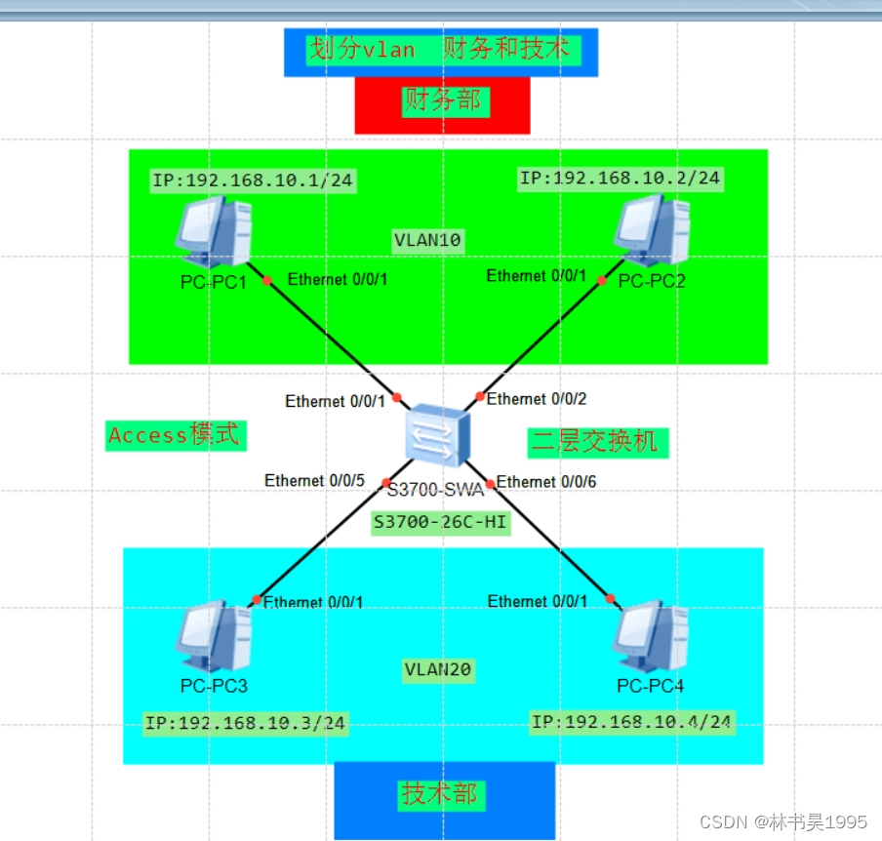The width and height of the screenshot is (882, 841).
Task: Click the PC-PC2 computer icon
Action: click(652, 230)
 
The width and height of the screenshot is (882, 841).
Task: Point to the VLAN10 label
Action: click(427, 239)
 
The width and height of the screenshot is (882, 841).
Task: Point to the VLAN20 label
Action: click(437, 669)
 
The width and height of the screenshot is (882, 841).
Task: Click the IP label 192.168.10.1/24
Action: click(251, 180)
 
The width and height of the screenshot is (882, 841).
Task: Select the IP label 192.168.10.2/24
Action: click(620, 178)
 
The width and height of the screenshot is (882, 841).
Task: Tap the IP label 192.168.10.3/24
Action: click(246, 723)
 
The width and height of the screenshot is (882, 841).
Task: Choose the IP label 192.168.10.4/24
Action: click(632, 722)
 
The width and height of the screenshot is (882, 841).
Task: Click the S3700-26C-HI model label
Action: click(440, 523)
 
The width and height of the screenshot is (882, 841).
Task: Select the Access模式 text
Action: click(175, 435)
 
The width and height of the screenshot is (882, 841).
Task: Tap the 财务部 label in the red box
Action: click(442, 100)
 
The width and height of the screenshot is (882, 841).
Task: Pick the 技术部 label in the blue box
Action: click(440, 794)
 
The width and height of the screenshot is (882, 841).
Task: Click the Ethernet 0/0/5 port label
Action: click(314, 480)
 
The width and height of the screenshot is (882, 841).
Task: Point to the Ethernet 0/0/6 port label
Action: click(546, 481)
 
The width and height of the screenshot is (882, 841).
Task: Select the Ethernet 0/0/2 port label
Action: click(537, 398)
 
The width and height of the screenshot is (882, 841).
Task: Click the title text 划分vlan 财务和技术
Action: click(440, 49)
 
